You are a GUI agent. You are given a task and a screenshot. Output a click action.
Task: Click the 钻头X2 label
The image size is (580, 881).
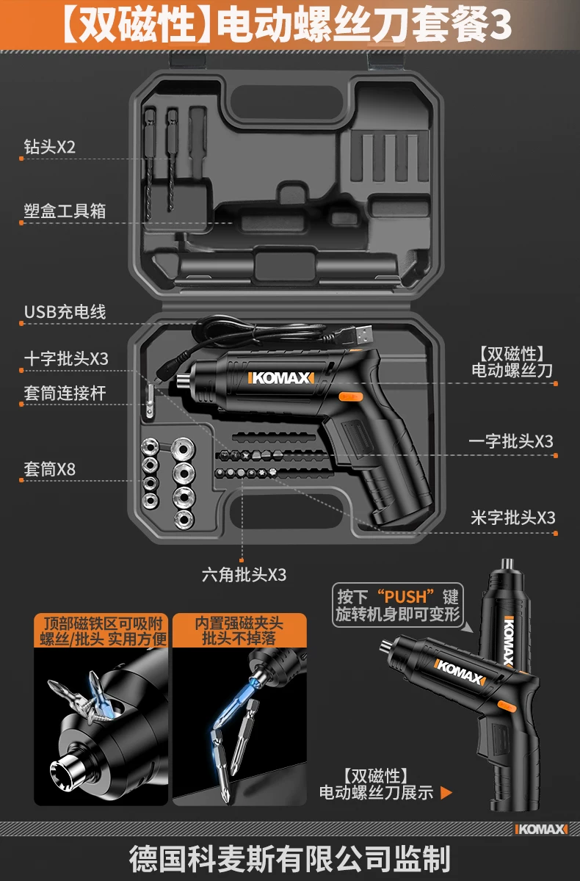coord(50,147)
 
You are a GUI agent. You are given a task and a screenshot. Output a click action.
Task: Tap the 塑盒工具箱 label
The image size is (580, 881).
coord(65,211)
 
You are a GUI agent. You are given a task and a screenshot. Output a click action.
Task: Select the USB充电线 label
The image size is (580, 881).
coord(65,311)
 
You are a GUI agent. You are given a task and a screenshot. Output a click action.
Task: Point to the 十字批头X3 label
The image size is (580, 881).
coord(66,358)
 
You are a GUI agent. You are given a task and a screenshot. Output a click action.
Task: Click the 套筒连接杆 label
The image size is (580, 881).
coord(65,393)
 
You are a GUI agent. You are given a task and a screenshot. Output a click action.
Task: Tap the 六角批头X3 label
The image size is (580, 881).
coord(244,574)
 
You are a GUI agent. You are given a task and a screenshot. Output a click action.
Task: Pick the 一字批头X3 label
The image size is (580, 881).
coord(511,441)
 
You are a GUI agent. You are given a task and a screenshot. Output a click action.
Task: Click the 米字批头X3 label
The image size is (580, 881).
coord(512,518)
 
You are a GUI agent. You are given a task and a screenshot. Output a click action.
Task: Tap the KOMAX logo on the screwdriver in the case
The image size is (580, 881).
coord(281,379)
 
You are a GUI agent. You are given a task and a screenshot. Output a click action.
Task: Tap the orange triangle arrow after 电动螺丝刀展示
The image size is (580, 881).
coord(446,793)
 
